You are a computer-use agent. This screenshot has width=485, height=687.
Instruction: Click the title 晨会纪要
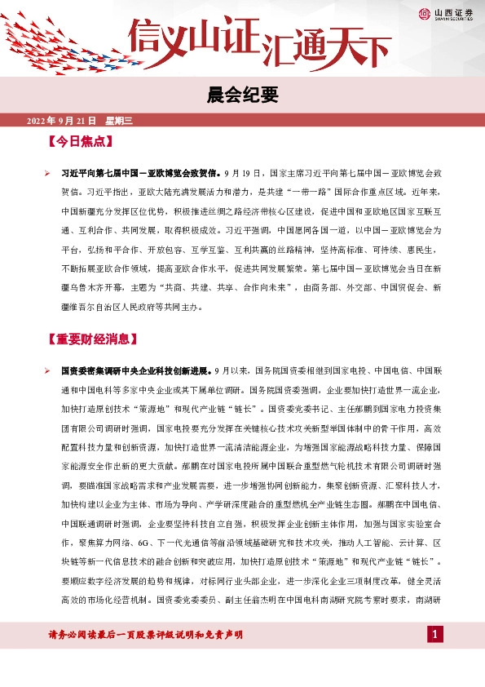click(x=243, y=96)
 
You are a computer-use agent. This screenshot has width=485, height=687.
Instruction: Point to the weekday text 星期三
click(x=119, y=122)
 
